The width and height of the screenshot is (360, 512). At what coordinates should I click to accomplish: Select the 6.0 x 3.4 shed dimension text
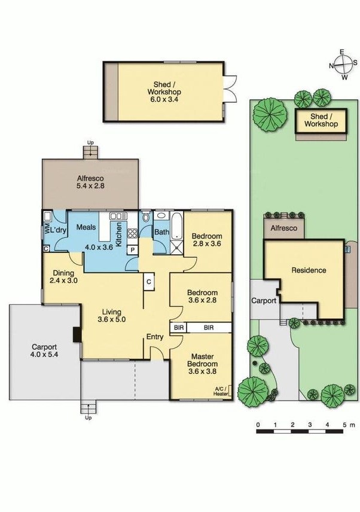164,100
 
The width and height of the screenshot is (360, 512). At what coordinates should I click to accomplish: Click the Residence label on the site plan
309,270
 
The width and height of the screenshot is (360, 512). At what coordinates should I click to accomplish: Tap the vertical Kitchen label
119,234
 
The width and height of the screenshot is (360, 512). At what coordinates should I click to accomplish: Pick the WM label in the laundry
46,230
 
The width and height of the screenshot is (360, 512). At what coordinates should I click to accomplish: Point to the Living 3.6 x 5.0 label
112,316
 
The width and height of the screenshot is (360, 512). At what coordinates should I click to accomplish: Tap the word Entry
155,337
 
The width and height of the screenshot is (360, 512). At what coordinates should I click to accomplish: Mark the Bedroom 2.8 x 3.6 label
208,240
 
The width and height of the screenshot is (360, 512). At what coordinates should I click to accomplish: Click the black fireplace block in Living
77,335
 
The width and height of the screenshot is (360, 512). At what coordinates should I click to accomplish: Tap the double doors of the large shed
231,88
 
